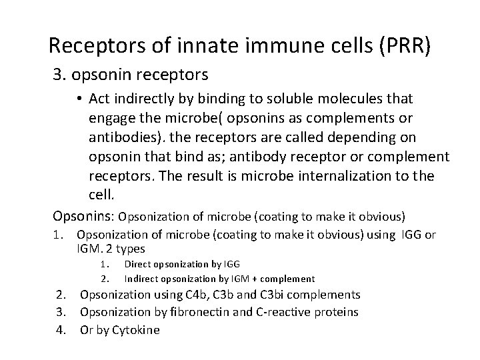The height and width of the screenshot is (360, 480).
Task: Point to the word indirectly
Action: (x=145, y=99)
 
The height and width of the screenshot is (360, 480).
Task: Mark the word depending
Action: (x=379, y=137)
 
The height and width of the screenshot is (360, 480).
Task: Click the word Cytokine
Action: (x=137, y=329)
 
